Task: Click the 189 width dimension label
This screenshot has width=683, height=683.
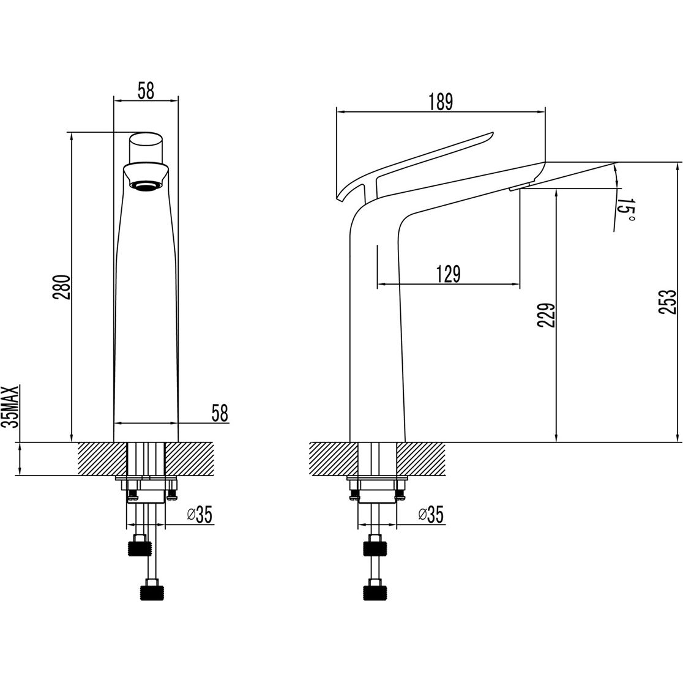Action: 441,102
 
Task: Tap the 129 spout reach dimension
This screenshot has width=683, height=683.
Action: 448,274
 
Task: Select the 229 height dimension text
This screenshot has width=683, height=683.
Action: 547,315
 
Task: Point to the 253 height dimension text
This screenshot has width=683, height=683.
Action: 668,302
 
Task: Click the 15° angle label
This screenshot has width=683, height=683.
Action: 625,211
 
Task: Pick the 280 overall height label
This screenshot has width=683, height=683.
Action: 61,287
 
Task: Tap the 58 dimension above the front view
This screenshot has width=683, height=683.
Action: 146,91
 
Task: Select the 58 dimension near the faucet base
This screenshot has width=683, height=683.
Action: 220,413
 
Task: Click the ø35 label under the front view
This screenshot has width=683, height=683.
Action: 199,515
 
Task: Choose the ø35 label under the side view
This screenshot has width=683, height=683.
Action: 430,515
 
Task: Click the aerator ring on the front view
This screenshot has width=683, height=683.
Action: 146,187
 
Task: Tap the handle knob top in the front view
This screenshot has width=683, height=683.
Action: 146,147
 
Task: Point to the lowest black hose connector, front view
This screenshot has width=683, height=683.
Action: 152,593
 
